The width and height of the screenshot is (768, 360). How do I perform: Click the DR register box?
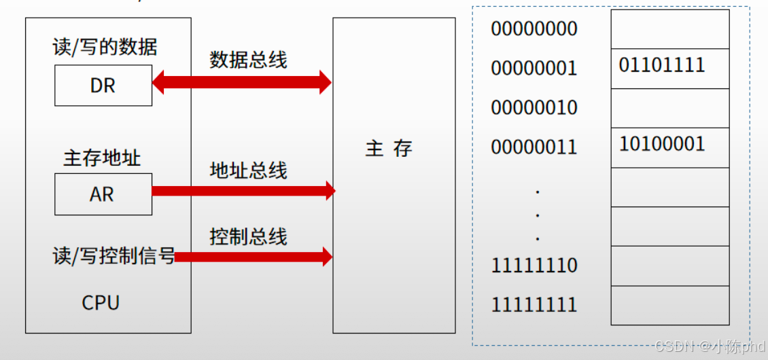click(103, 86)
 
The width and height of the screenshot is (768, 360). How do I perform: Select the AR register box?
click(103, 194)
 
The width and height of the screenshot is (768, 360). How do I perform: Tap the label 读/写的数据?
click(105, 47)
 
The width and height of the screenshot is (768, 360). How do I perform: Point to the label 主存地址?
click(102, 158)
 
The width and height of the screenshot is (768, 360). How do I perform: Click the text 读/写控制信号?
click(114, 257)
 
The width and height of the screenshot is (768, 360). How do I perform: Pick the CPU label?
click(101, 302)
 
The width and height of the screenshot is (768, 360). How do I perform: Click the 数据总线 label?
click(248, 60)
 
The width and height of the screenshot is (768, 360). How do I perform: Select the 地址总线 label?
click(248, 170)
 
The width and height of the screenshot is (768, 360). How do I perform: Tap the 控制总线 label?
click(248, 236)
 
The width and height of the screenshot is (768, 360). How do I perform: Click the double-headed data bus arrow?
click(241, 83)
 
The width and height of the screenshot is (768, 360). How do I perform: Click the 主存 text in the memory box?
click(389, 149)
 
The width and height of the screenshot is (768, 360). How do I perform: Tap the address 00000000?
click(534, 29)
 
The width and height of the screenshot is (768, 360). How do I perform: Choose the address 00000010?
click(534, 108)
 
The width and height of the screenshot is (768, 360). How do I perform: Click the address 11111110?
click(534, 266)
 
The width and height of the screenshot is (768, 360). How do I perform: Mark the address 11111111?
click(534, 305)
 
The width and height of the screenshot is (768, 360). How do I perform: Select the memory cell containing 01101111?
click(669, 69)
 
